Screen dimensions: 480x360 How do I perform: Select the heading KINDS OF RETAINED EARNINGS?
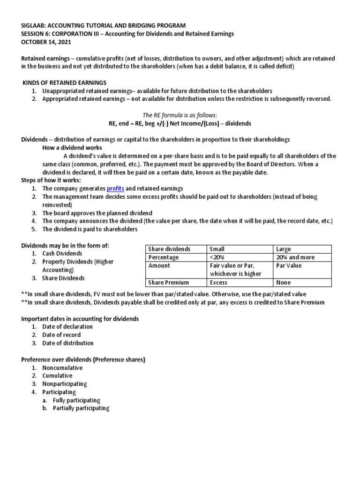point(65,82)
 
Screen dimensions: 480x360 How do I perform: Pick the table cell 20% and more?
point(295,257)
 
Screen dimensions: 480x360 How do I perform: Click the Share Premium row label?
point(169,283)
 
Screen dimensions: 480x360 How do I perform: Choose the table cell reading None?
point(284,283)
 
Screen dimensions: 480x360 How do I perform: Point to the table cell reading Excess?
point(218,283)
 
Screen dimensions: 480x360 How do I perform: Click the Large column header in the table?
point(284,249)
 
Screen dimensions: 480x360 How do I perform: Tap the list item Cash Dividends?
point(62,254)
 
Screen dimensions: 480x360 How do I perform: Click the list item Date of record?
point(61,335)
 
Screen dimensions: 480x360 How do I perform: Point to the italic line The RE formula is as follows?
point(180,115)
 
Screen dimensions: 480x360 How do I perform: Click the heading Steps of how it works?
point(51,180)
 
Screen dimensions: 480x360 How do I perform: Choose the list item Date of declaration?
point(67,326)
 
